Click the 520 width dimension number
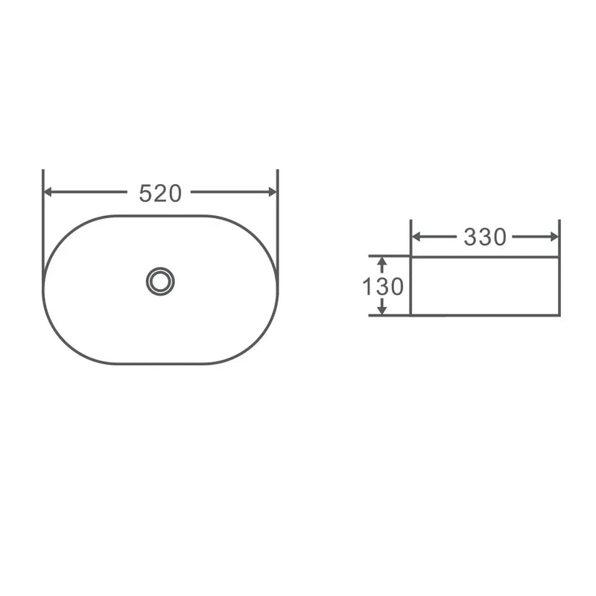tap(160, 193)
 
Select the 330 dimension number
tap(485, 237)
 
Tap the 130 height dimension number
tap(384, 286)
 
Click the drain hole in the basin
tap(160, 281)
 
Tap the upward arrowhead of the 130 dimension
tap(381, 262)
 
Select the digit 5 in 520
tap(146, 193)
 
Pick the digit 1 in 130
tap(367, 286)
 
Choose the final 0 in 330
tap(499, 237)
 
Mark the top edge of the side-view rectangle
tap(484, 257)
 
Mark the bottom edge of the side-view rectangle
tap(484, 314)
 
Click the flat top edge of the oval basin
tap(160, 215)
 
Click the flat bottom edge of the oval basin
tap(160, 364)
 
